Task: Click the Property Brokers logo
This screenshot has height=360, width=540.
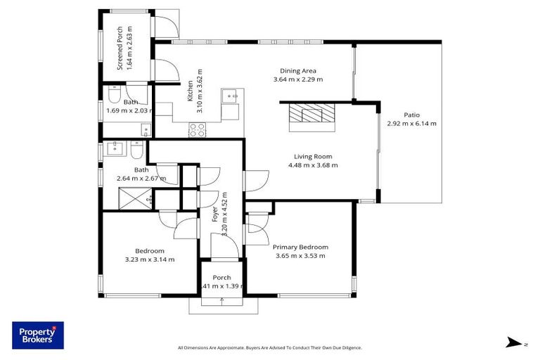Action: pos(37,335)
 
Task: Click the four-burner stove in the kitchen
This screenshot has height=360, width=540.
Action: pos(198,129)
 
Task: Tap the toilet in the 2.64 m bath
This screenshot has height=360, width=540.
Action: pos(137,150)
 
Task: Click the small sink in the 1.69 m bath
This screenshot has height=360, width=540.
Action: pos(145,129)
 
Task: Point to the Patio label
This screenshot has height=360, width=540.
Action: pos(411,115)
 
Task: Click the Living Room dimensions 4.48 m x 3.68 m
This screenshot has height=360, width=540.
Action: pos(313,165)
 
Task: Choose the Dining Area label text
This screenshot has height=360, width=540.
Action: pos(298,70)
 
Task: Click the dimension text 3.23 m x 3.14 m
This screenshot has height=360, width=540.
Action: pos(150,259)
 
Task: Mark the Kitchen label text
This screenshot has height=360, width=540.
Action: pos(190,91)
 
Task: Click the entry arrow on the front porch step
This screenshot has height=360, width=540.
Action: pos(222,302)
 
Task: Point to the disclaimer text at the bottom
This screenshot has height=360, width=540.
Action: pos(270,347)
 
